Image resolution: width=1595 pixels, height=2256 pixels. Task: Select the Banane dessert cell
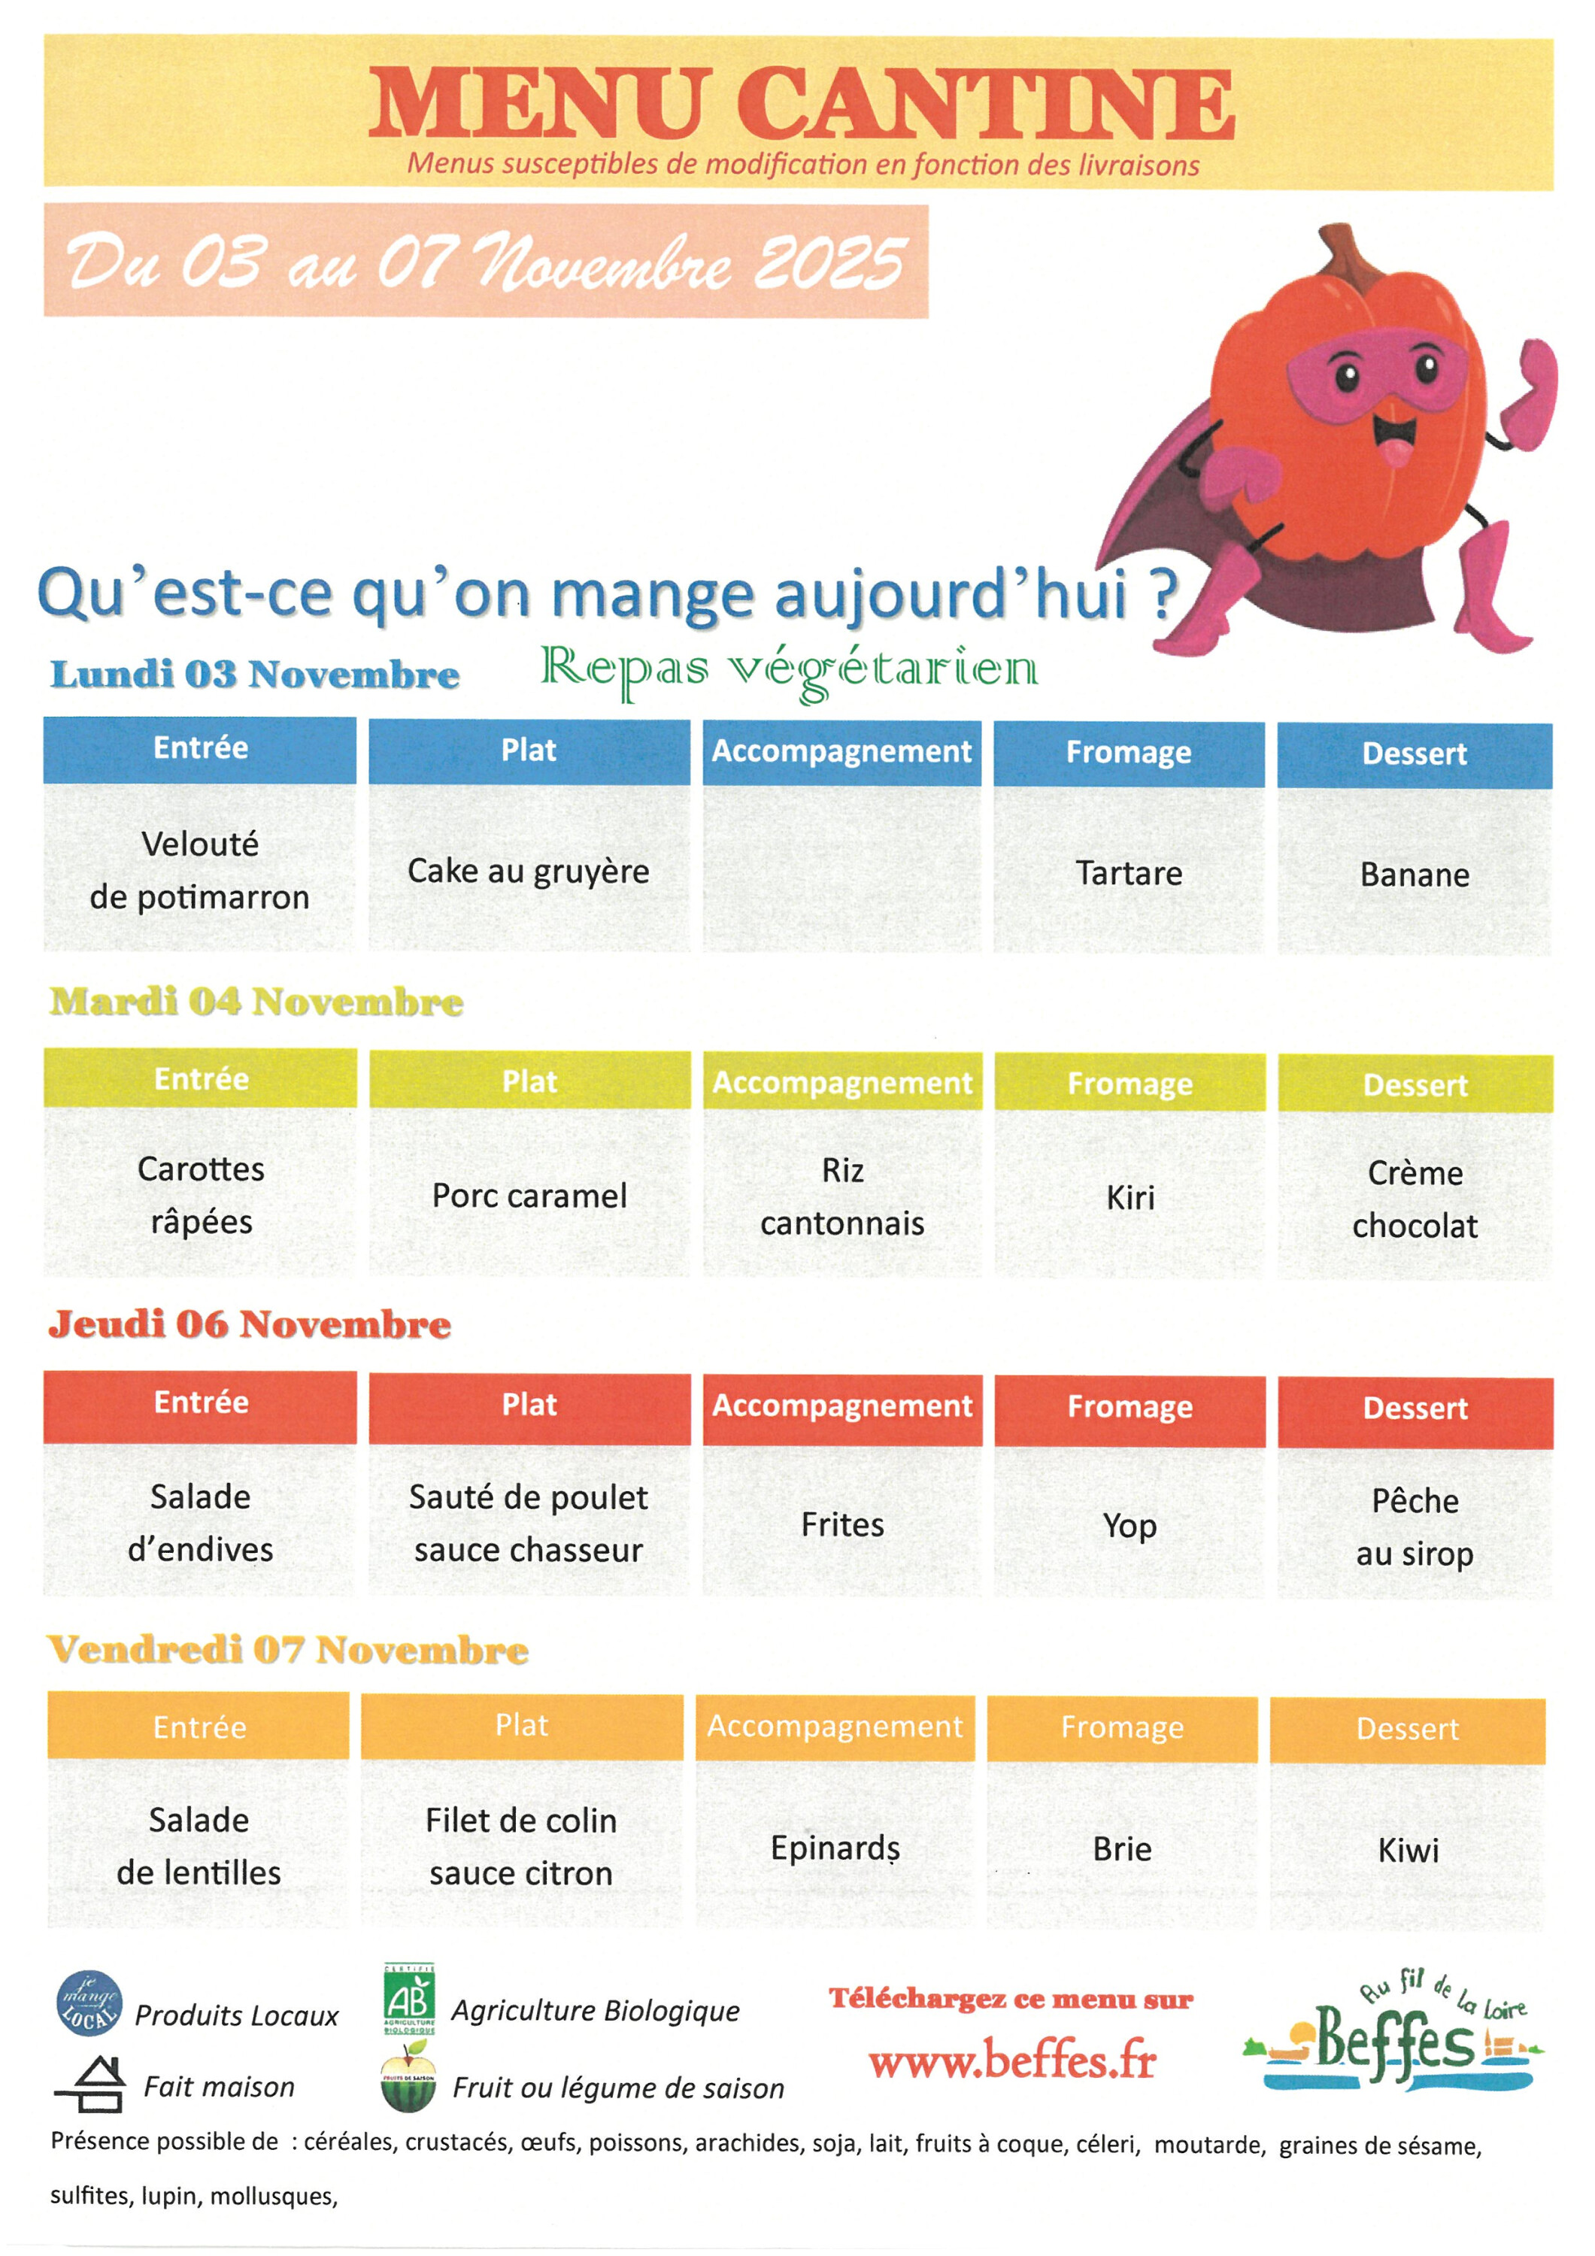click(x=1415, y=875)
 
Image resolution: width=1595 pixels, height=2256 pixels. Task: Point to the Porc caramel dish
click(x=529, y=1195)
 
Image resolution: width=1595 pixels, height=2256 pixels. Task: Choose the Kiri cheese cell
click(x=1130, y=1196)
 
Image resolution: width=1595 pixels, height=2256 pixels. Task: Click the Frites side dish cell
click(x=842, y=1524)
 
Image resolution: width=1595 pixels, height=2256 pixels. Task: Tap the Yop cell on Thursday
click(x=1130, y=1525)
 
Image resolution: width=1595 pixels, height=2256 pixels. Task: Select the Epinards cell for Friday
click(x=835, y=1847)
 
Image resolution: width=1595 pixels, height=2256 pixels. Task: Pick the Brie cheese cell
click(x=1121, y=1849)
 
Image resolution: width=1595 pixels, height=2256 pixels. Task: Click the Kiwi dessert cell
click(x=1407, y=1850)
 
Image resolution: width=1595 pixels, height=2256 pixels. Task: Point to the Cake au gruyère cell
click(x=529, y=871)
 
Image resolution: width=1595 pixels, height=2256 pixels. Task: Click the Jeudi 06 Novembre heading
click(x=250, y=1324)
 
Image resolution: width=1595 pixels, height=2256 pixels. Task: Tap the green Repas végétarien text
click(x=788, y=670)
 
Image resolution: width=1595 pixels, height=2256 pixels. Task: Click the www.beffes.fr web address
click(x=1012, y=2060)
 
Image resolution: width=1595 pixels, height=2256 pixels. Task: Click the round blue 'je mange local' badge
click(x=89, y=2003)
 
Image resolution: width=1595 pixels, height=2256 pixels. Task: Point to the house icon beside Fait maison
click(x=90, y=2084)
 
